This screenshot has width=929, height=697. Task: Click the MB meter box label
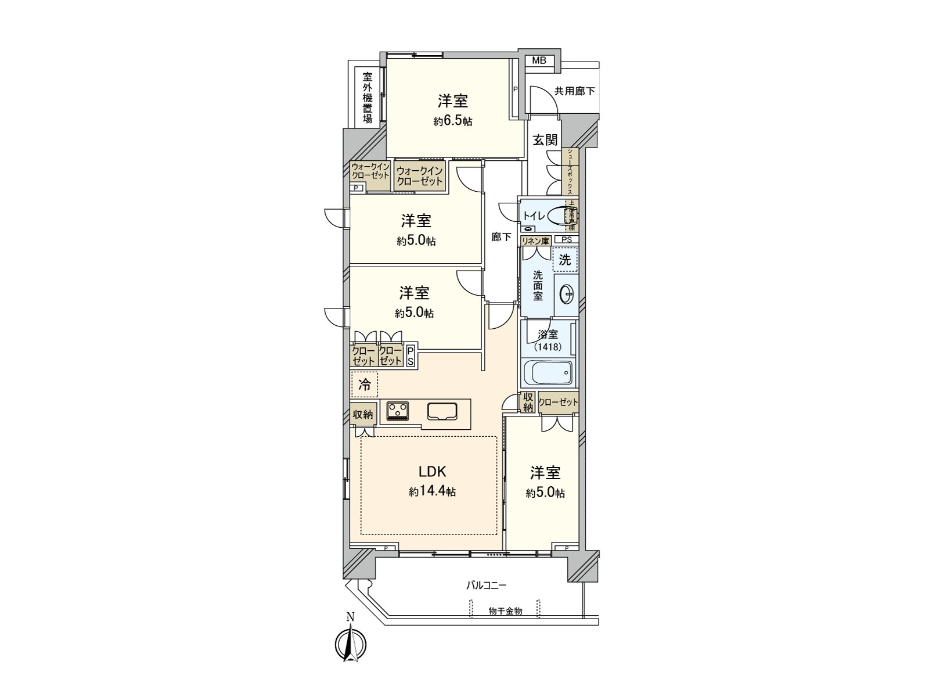point(539,60)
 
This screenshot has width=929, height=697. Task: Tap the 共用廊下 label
point(574,91)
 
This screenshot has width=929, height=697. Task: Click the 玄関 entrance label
point(545,140)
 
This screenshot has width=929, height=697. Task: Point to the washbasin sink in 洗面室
point(566,294)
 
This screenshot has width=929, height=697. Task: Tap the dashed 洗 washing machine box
point(565,260)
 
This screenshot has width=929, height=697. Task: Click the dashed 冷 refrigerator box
point(365,384)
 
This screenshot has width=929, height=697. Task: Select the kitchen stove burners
point(398,411)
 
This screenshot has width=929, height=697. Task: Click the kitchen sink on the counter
point(442,411)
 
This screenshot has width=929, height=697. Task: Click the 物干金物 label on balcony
point(505,611)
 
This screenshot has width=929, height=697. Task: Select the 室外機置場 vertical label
point(368,98)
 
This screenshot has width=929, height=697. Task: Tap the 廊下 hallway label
point(501,237)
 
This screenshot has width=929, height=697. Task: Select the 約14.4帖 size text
point(432,492)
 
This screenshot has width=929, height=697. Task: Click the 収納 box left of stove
point(363,414)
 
